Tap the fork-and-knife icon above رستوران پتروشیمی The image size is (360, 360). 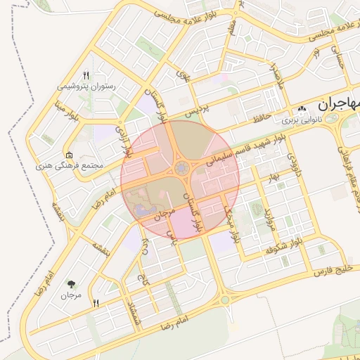tap(86, 75)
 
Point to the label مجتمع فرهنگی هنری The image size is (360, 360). tap(69, 166)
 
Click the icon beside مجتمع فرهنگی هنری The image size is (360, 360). tap(68, 155)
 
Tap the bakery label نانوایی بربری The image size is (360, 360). tap(302, 120)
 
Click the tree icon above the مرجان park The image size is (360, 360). tap(72, 284)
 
